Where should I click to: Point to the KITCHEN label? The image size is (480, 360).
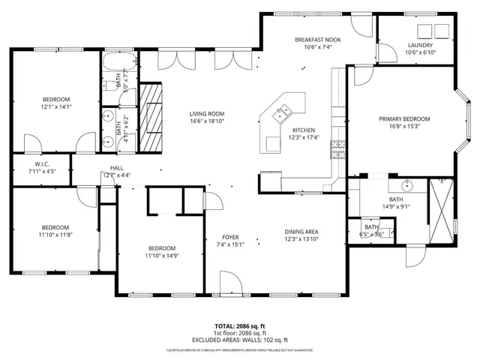[x=303, y=129]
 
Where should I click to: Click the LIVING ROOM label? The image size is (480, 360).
[x=206, y=114]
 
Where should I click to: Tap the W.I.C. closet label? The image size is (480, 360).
[x=42, y=164]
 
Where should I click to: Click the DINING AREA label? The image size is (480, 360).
[x=302, y=231]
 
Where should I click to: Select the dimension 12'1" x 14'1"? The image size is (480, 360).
[x=55, y=106]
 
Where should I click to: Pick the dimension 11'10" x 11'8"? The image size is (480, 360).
[x=55, y=235]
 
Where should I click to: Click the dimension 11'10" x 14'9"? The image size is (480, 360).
[x=161, y=256]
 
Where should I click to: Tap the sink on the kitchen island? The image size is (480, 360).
[x=283, y=115]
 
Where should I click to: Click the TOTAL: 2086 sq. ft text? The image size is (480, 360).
[x=239, y=326]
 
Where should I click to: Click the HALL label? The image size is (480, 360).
[x=117, y=168]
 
